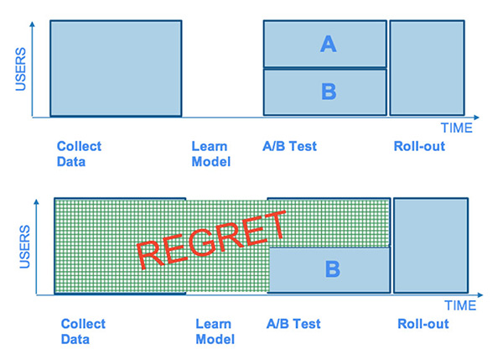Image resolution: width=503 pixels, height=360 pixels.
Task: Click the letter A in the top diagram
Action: click(328, 44)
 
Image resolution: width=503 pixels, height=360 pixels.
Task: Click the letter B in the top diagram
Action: click(328, 91)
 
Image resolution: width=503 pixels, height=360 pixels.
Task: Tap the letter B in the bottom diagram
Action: click(332, 269)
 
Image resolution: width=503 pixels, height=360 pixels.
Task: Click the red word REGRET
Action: click(212, 239)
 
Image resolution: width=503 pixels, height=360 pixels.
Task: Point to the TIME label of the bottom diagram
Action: click(460, 305)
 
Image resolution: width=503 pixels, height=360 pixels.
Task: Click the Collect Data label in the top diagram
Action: click(79, 154)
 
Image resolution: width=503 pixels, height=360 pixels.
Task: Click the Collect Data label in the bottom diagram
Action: click(83, 331)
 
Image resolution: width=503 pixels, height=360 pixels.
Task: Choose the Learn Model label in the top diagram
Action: click(210, 154)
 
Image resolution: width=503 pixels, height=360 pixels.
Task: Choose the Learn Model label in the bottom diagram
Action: click(215, 331)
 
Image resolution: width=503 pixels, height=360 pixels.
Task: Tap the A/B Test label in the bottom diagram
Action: click(293, 324)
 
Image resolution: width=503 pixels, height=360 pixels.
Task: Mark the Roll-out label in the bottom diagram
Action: click(423, 324)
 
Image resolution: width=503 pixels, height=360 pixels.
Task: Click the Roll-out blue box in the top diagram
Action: click(427, 67)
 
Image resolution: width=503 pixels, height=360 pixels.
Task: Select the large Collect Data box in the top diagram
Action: click(116, 67)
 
